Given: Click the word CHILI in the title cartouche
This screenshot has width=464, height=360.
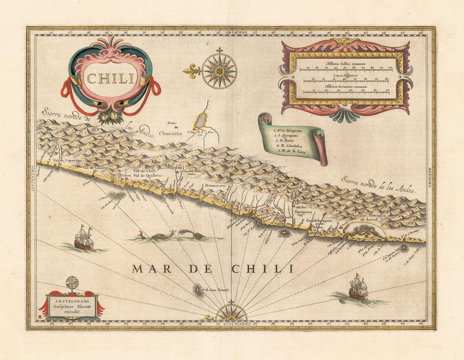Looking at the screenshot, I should (x=110, y=78).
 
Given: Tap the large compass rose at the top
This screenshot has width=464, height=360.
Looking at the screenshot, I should (x=219, y=71).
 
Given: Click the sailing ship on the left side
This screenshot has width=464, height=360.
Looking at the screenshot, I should (x=84, y=238).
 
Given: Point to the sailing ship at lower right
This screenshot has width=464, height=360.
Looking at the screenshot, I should (x=358, y=288).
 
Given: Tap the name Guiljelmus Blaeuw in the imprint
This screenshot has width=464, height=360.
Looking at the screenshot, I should (x=72, y=305).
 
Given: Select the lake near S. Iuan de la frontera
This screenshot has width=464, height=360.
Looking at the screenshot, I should (x=201, y=120).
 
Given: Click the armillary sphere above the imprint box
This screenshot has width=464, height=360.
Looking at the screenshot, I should (x=72, y=283).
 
